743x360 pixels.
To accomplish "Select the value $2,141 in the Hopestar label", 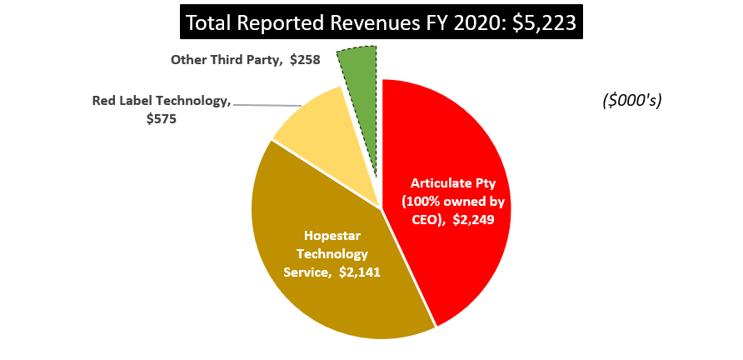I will (360, 272).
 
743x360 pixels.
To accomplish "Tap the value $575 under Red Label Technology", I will (162, 119).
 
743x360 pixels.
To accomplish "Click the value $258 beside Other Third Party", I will (305, 60).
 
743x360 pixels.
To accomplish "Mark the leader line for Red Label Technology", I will (267, 105).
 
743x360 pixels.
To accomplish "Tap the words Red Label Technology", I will (160, 102).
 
